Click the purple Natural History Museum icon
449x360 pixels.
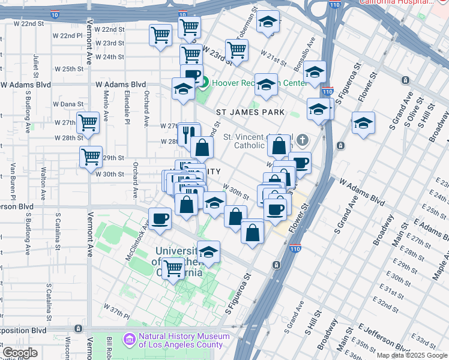click(130, 340)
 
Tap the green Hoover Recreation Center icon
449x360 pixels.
click(203, 83)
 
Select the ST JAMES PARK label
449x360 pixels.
click(250, 112)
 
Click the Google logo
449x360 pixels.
click(20, 353)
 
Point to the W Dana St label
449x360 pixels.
click(68, 104)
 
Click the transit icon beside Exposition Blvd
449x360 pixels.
click(79, 329)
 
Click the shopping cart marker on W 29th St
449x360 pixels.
click(91, 157)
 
